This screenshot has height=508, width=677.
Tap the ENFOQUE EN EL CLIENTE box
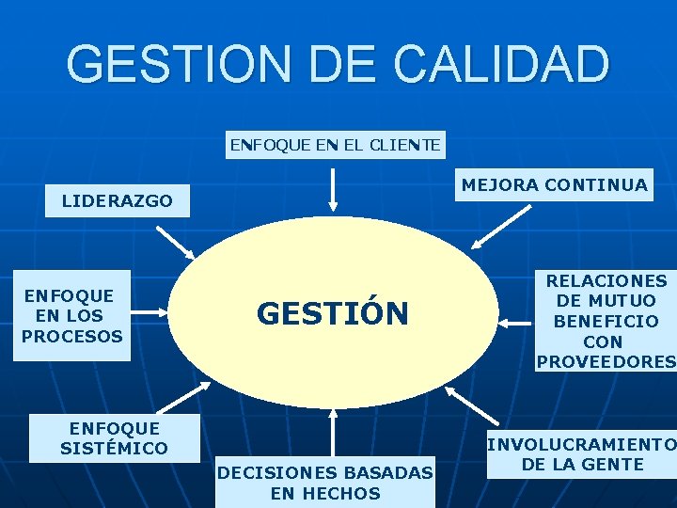point(336,145)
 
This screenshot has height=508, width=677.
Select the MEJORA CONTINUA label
point(555,184)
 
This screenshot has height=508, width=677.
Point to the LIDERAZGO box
point(118,200)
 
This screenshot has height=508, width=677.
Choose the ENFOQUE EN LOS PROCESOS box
point(72,316)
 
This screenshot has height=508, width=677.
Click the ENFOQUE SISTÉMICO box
point(114,437)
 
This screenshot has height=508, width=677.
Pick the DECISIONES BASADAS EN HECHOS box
point(325,482)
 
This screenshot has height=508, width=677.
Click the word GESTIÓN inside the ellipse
point(333,313)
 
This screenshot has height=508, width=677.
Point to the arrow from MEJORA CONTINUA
point(500,229)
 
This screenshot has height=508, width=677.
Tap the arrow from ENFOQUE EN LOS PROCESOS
point(153,316)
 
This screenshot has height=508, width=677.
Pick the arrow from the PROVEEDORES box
point(515,323)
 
